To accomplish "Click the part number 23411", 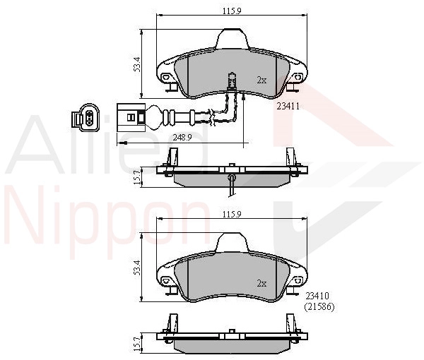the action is tap(288, 106).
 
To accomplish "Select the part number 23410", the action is tap(317, 296).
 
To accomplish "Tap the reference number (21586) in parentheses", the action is tap(319, 307).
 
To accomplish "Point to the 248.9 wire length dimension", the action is tap(182, 138).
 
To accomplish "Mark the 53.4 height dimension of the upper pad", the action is tap(137, 64).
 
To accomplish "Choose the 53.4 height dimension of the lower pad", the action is tap(137, 268).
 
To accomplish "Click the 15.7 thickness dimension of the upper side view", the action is tap(137, 177).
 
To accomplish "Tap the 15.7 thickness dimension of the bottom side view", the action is tap(137, 344).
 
